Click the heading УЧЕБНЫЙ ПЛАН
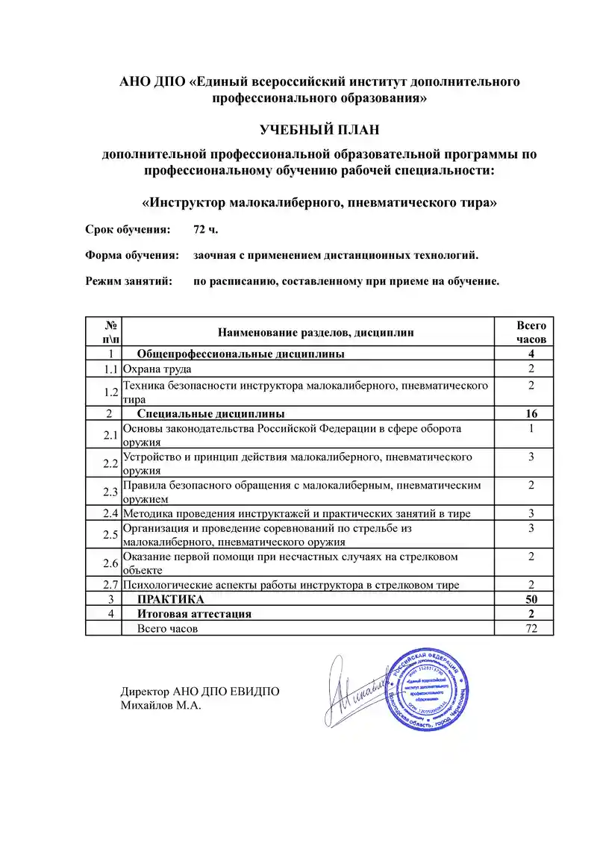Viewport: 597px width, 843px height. (x=319, y=130)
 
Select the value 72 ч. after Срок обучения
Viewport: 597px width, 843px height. (x=205, y=228)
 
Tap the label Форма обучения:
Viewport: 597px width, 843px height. (x=132, y=255)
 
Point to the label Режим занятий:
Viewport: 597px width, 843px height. (x=128, y=281)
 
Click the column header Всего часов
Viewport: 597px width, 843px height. (x=531, y=332)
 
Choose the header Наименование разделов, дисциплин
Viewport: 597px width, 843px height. (x=315, y=332)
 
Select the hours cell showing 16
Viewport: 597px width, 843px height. (x=531, y=413)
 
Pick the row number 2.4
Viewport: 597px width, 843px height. (x=111, y=513)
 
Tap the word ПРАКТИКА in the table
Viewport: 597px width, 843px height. (x=170, y=599)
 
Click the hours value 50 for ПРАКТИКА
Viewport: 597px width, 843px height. (x=531, y=599)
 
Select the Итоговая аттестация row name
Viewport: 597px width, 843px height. (x=194, y=613)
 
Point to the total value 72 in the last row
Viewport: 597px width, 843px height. (x=531, y=628)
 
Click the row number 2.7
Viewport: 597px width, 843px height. (x=111, y=585)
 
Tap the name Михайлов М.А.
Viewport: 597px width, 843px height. (x=161, y=705)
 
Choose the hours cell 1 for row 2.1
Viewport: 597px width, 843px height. (x=531, y=429)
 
